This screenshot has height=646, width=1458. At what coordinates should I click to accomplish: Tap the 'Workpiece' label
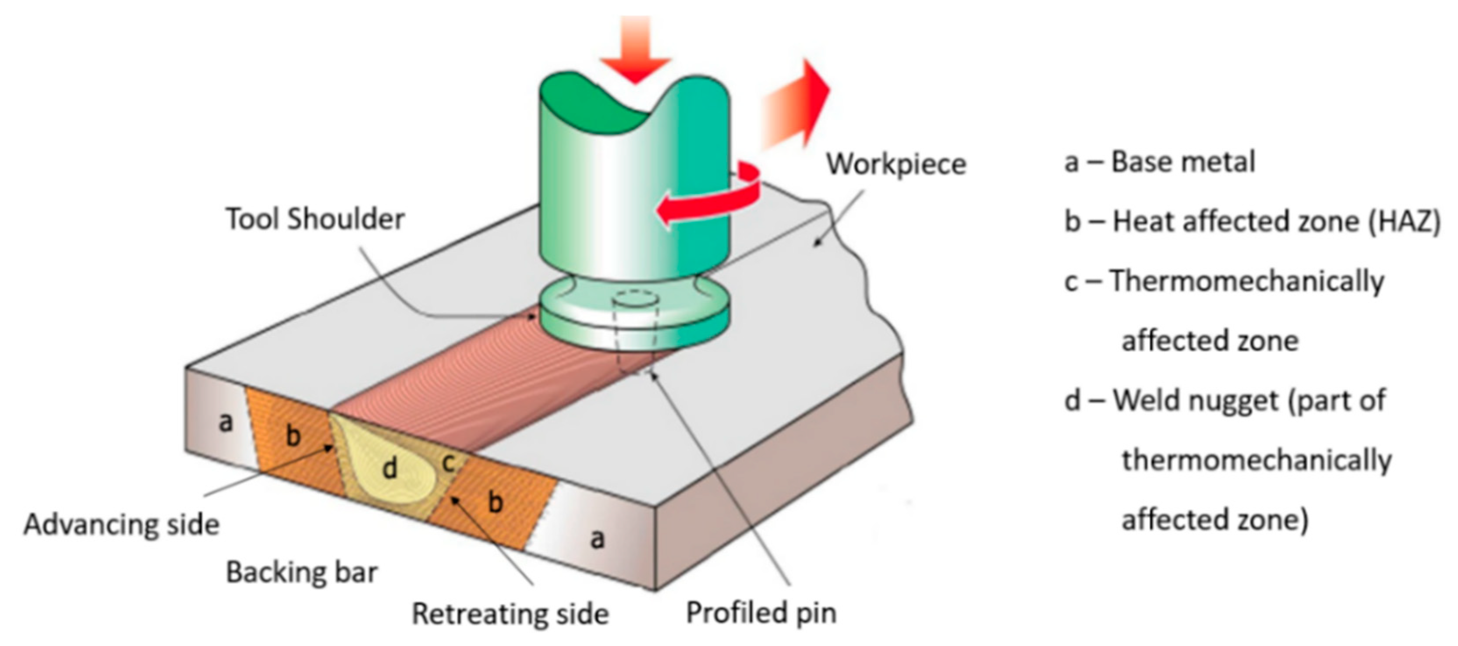896,165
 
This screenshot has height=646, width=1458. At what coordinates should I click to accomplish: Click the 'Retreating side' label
510,614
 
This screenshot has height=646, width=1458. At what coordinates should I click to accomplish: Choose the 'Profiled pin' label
761,613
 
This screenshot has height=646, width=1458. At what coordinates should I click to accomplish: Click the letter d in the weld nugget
389,468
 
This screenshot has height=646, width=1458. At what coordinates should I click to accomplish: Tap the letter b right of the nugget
495,502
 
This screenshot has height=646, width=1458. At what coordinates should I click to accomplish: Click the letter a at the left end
225,421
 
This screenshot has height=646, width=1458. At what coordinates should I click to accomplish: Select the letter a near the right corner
597,539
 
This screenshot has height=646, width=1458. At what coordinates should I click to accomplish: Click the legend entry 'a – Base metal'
1160,162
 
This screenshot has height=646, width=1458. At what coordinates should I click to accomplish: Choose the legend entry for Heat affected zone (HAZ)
1251,221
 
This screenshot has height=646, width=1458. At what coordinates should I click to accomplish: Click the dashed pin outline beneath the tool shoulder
635,334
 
